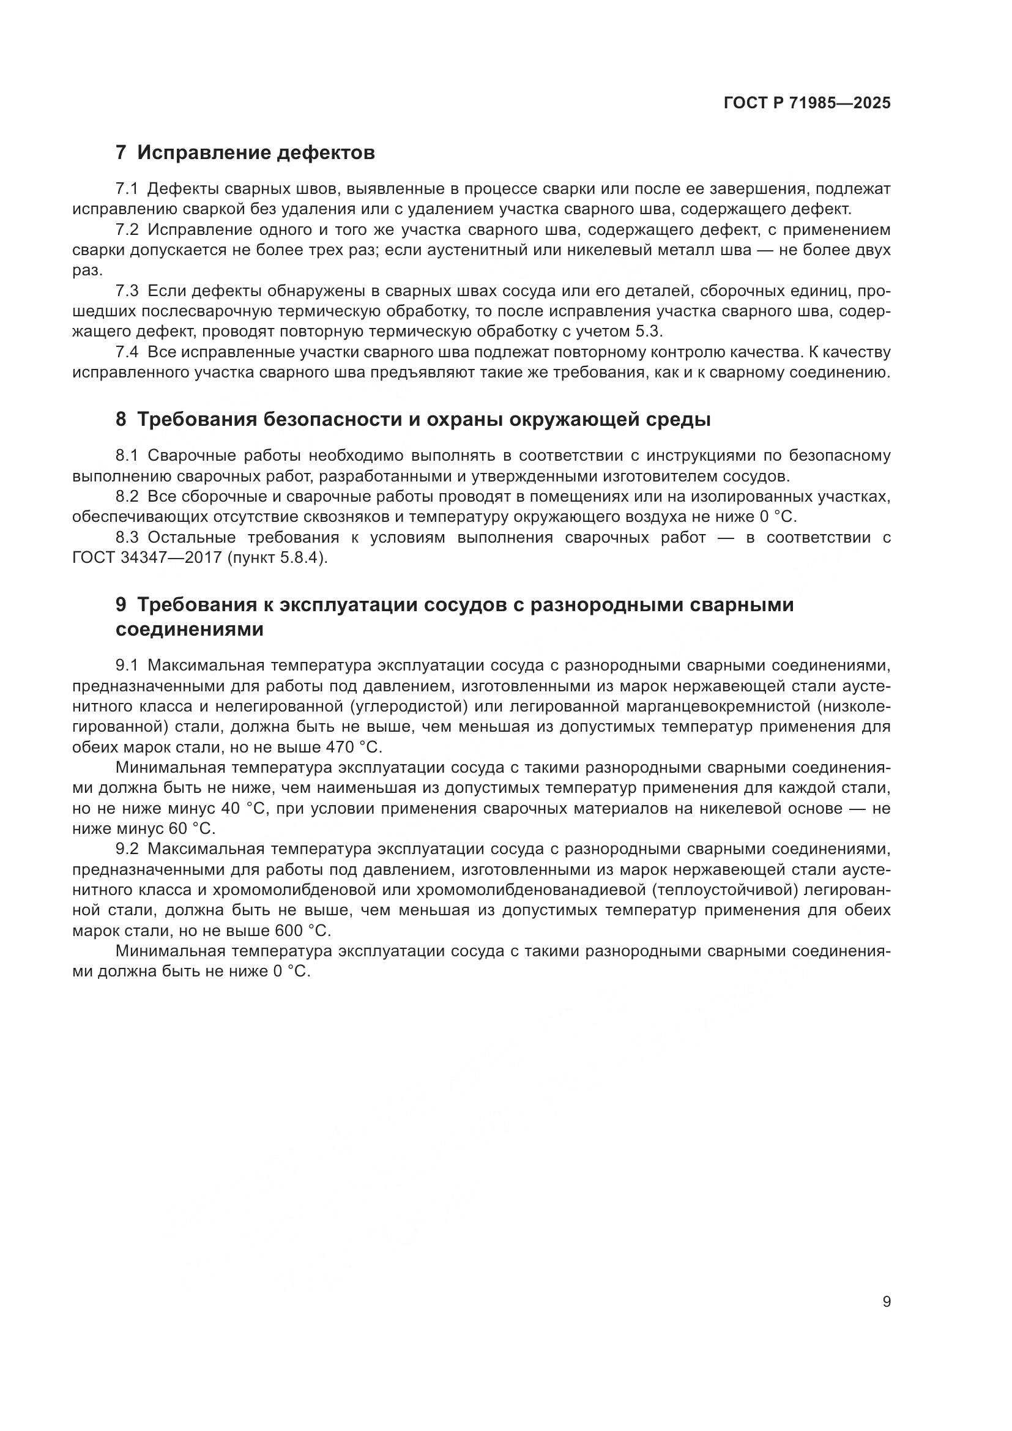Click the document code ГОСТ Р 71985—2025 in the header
(807, 103)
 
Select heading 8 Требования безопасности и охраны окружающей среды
(412, 420)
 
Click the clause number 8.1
(127, 456)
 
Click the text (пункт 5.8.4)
(277, 557)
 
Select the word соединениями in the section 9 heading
(190, 630)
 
